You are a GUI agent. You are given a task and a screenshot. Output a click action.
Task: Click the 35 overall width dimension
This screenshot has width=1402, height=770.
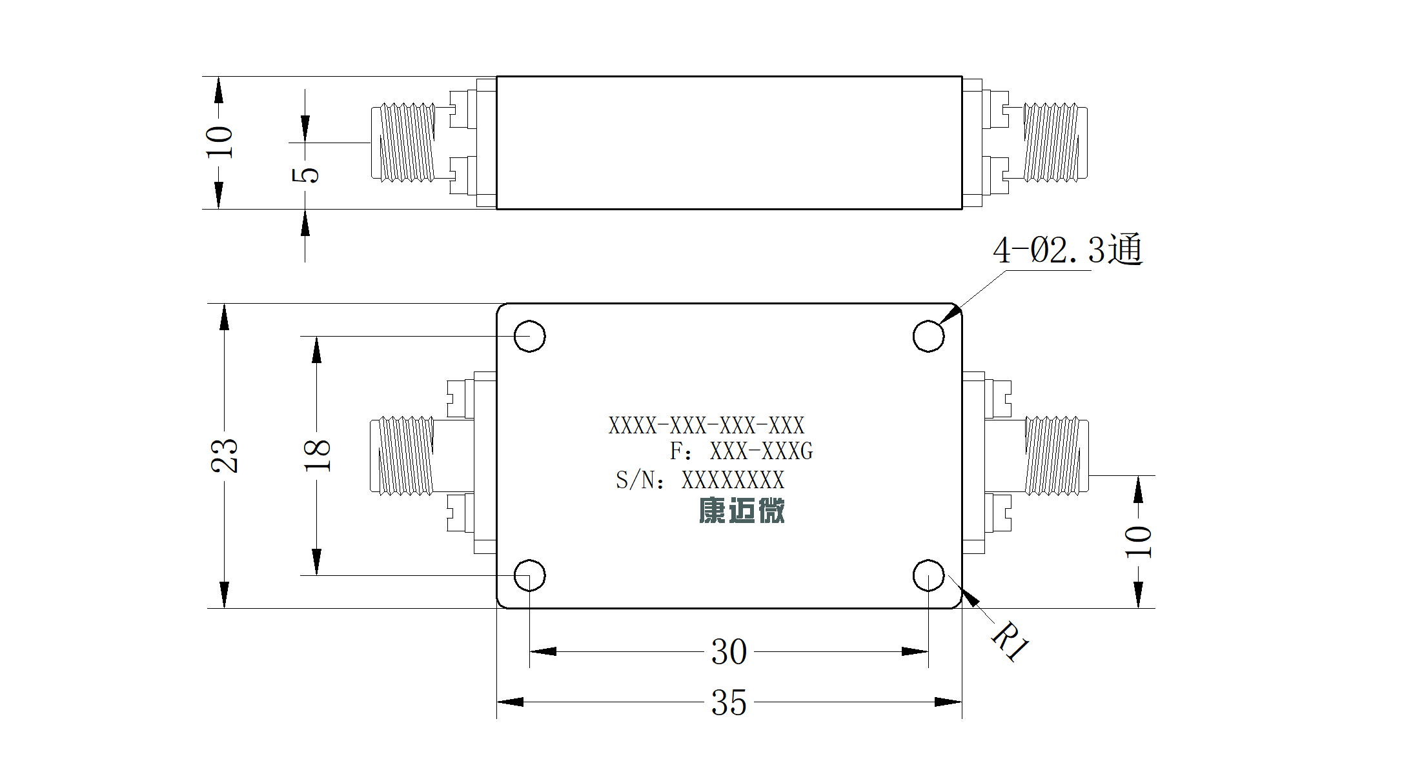pos(729,702)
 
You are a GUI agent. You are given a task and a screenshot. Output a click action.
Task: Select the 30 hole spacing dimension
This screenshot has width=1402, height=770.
pos(729,652)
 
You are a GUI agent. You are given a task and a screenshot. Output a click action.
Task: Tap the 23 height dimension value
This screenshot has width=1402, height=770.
pos(225,456)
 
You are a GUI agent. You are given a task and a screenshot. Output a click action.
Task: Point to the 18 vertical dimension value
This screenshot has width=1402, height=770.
pos(317,456)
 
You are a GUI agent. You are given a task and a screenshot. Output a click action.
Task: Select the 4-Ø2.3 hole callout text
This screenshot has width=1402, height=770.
pos(1068,250)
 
